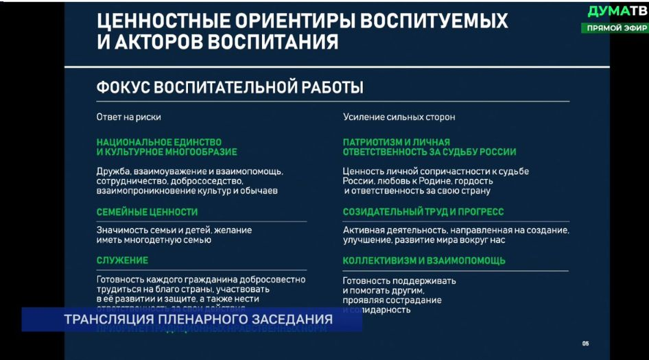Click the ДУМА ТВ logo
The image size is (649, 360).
coord(617,11)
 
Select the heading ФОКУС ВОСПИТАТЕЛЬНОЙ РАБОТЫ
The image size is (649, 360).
coord(230,88)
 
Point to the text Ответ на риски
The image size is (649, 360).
coord(128,117)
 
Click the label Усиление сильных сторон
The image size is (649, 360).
coord(399,117)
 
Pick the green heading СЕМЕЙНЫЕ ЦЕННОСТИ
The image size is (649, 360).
coord(147,212)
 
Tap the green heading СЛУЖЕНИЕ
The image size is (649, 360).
coord(122,261)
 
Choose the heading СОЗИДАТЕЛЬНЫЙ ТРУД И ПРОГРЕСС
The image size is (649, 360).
coord(423,212)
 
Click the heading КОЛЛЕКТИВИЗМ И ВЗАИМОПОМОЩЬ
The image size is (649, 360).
coord(424,261)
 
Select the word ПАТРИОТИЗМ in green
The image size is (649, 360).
coord(375,142)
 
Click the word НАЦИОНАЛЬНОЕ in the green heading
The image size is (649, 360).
coord(132,142)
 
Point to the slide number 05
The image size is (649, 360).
coord(585,344)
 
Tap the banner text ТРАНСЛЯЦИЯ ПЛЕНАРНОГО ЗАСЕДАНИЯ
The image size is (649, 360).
coord(198,320)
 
